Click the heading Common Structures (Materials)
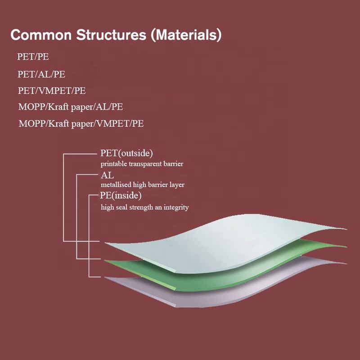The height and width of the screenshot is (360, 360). (x=116, y=35)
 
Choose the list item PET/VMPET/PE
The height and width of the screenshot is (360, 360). (x=52, y=90)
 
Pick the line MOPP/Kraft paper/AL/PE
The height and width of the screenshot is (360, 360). (x=71, y=107)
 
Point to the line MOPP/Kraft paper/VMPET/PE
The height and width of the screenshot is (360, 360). (x=81, y=123)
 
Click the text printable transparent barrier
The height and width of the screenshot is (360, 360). (x=142, y=164)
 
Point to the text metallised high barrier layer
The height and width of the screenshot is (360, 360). (x=142, y=184)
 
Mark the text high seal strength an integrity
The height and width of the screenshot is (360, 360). (x=144, y=207)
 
